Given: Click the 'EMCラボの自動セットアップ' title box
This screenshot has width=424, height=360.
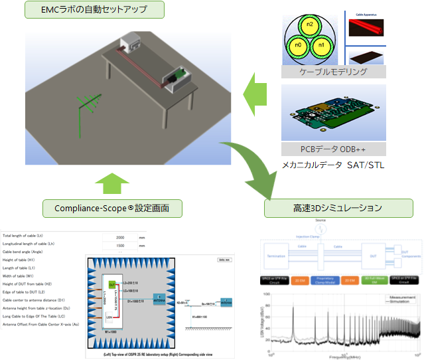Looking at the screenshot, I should [x=95, y=9].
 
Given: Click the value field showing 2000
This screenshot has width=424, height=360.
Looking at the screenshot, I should [x=119, y=236].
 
